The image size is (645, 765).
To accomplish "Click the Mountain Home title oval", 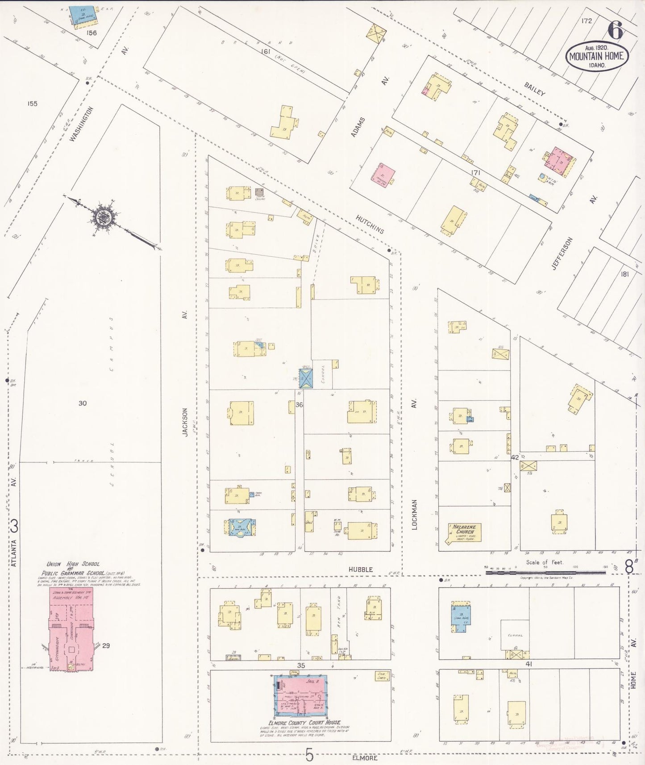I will [597, 56].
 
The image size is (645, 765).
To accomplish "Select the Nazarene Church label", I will [464, 529].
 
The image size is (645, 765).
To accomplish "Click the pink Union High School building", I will [71, 630].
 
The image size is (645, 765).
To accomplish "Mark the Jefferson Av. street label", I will [562, 253].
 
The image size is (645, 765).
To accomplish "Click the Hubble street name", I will [361, 570].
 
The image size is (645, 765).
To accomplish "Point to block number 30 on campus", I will [83, 403].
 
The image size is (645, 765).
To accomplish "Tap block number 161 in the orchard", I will [266, 51].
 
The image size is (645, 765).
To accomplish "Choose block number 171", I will [475, 172].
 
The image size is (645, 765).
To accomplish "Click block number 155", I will [32, 104].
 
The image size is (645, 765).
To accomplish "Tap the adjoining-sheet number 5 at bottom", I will [310, 756].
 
